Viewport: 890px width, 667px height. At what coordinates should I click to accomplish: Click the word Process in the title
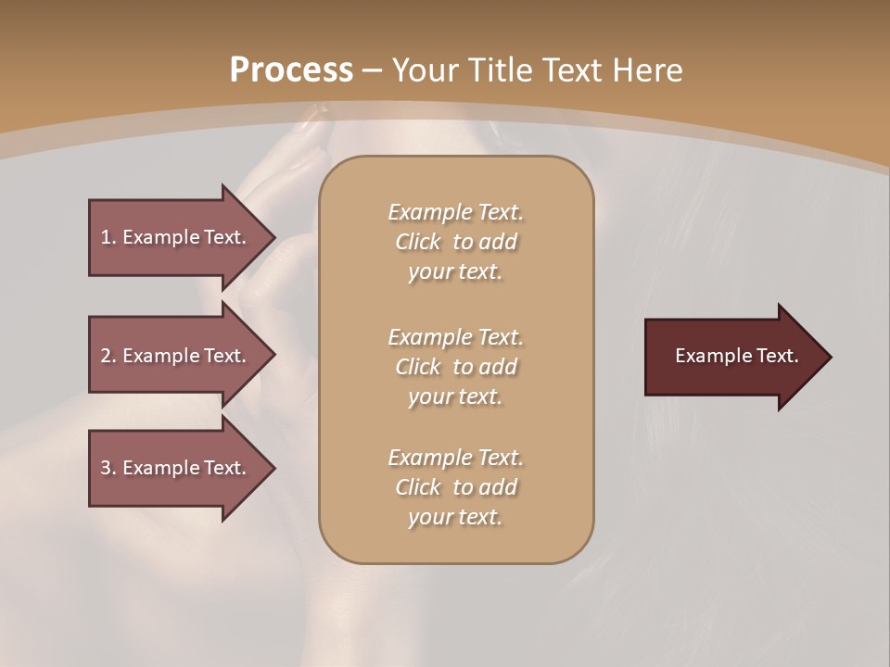tap(291, 69)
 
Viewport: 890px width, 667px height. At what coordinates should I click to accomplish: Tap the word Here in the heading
tap(645, 69)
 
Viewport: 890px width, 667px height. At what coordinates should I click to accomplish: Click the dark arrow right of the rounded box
tap(732, 357)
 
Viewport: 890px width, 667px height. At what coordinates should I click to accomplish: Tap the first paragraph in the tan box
tap(455, 242)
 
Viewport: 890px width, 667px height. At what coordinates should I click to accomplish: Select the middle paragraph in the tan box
tap(455, 367)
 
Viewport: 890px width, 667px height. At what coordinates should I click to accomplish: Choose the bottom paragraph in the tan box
tap(455, 487)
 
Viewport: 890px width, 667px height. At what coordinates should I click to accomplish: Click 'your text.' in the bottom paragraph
tap(455, 518)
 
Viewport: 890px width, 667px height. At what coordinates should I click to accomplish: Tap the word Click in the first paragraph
tap(418, 242)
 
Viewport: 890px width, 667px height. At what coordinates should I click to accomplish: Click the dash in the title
tap(373, 70)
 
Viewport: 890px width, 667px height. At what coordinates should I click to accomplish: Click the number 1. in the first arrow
tap(108, 237)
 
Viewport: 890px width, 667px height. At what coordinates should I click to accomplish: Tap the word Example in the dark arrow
tap(709, 356)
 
